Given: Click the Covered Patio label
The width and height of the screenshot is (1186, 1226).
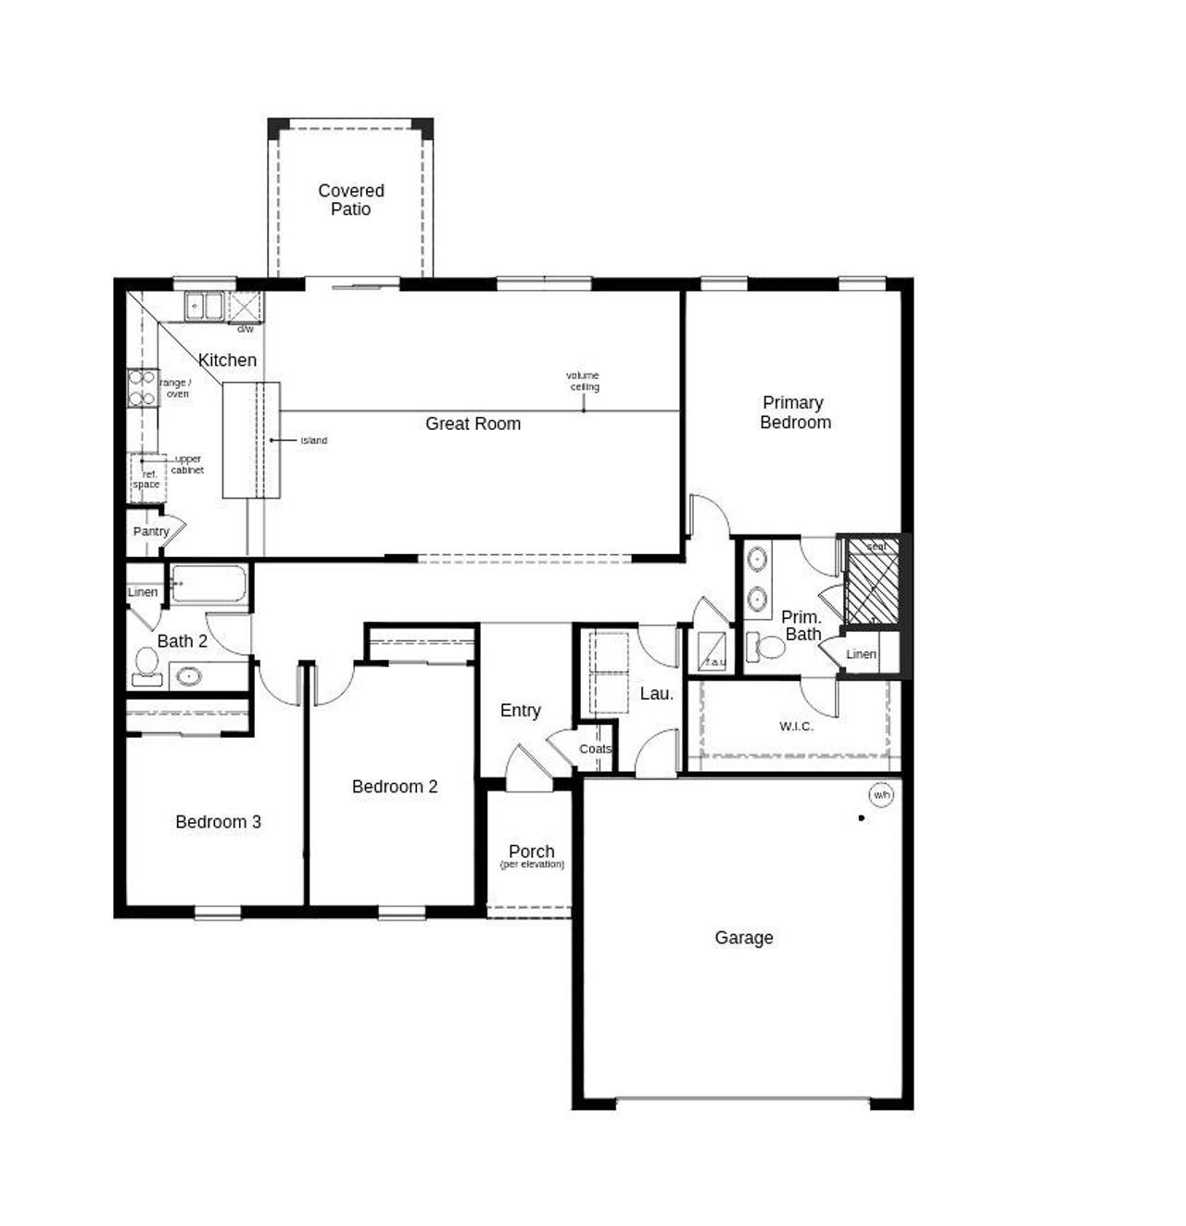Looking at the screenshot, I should (x=350, y=200).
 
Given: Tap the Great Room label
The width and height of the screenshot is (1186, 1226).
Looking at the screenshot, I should (x=473, y=423).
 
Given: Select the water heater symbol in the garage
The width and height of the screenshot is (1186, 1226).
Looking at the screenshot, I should (x=880, y=795).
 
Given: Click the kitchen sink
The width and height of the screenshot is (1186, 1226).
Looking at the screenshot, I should (x=204, y=306).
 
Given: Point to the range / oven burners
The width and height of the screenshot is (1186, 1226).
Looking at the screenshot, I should (x=142, y=387).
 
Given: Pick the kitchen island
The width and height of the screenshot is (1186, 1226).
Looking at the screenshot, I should (x=250, y=439).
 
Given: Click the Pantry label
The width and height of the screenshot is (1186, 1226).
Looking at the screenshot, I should (x=150, y=532).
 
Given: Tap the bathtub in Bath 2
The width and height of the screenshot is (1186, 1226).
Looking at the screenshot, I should (x=208, y=585).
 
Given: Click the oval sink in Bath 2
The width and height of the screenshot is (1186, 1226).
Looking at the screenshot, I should (x=189, y=676).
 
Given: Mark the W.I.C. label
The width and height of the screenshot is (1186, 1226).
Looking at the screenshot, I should (x=796, y=727).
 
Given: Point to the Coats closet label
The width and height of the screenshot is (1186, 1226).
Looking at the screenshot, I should (x=595, y=749).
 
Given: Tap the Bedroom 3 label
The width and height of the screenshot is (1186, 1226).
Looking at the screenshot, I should (x=218, y=822).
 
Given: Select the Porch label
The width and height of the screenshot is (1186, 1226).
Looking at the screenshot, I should (x=532, y=852).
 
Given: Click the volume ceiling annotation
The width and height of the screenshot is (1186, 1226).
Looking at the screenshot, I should (x=583, y=381).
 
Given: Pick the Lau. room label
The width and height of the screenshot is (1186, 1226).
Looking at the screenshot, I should (x=656, y=693).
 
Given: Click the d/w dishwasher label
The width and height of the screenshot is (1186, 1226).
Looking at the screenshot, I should (x=245, y=329).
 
